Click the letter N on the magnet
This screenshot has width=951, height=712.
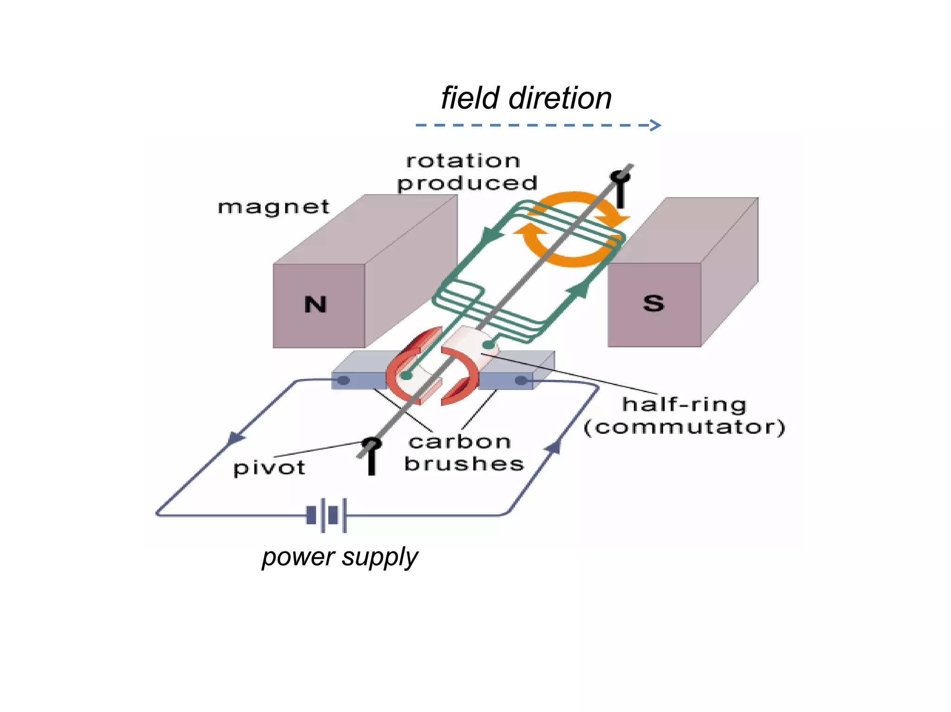(x=316, y=305)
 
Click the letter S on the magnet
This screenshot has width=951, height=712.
(x=653, y=304)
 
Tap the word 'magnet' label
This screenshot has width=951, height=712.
(x=274, y=207)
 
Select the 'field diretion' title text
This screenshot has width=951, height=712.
(x=526, y=98)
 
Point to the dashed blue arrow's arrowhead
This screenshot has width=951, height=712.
(x=656, y=125)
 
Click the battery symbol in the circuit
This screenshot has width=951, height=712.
(x=327, y=515)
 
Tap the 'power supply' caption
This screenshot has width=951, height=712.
(x=340, y=557)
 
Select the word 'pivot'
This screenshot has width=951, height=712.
(x=269, y=468)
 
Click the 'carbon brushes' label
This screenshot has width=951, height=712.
(x=463, y=453)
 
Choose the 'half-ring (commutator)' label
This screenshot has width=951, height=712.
(x=684, y=416)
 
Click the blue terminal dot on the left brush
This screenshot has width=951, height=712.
(x=343, y=381)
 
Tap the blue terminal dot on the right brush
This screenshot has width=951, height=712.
(x=521, y=381)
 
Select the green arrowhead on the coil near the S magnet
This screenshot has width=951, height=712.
(x=580, y=290)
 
